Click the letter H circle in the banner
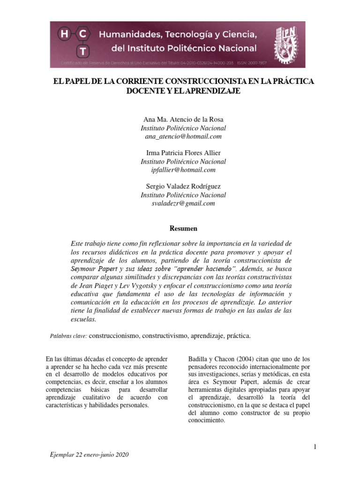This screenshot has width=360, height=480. click(x=64, y=34)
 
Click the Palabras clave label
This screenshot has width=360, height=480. click(x=68, y=336)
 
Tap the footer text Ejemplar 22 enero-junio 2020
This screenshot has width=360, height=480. click(x=89, y=455)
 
